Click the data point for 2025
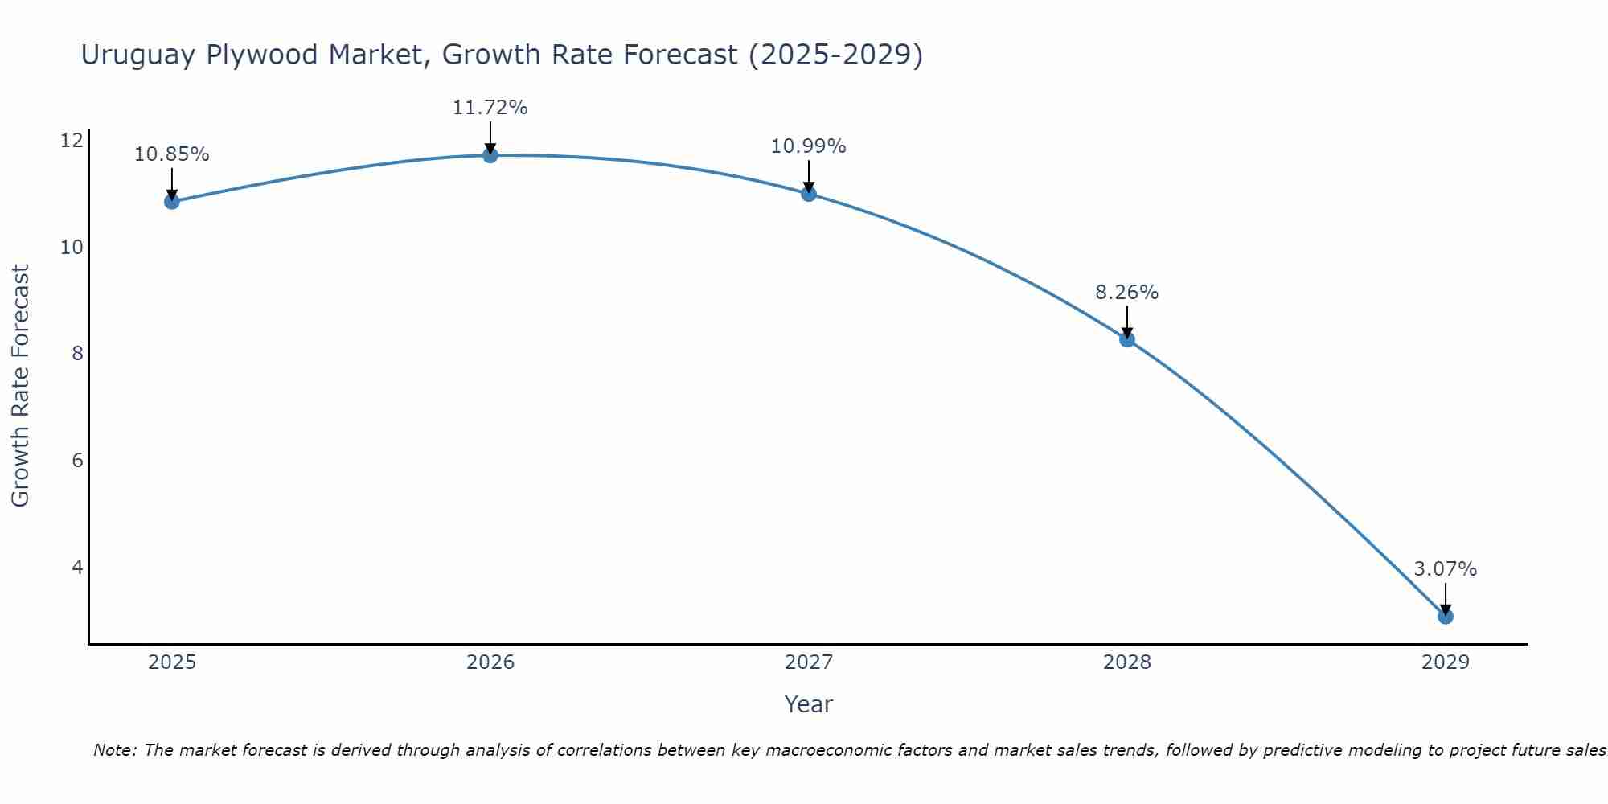(x=171, y=201)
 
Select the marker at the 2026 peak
(x=490, y=155)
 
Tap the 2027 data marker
(x=809, y=194)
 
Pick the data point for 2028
(x=1127, y=339)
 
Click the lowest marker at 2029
(x=1445, y=617)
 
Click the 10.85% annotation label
(x=171, y=154)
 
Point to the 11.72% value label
(x=490, y=108)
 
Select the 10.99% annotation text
(x=809, y=146)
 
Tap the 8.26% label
(x=1127, y=293)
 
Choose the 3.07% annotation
(x=1445, y=569)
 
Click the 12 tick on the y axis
(x=72, y=141)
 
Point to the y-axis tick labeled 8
(x=77, y=354)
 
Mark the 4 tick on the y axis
(x=77, y=568)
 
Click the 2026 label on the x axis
(x=490, y=662)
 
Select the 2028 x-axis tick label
(x=1127, y=662)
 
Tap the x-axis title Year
(x=809, y=704)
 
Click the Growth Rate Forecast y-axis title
(x=21, y=386)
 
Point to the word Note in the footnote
(x=116, y=750)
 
